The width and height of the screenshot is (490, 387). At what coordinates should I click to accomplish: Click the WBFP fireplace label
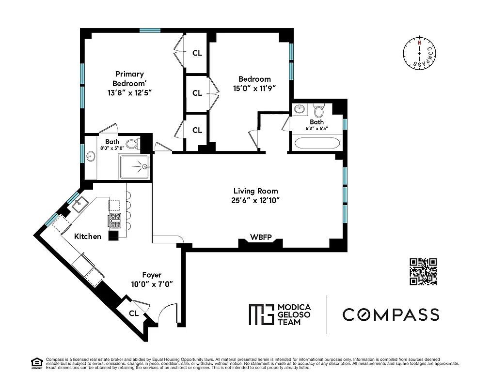[x=260, y=237]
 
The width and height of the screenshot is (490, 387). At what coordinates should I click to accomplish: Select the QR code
[x=423, y=271]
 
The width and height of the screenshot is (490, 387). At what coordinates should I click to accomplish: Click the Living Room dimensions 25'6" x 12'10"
[x=256, y=200]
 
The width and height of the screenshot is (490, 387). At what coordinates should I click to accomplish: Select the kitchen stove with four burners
[x=114, y=221]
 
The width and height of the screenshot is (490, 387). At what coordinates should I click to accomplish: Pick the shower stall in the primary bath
[x=135, y=166]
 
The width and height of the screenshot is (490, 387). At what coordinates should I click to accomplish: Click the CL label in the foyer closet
[x=133, y=313]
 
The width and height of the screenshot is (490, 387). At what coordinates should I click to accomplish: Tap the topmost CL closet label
[x=197, y=53]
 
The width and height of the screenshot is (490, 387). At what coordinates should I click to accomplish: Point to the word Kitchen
[x=88, y=237]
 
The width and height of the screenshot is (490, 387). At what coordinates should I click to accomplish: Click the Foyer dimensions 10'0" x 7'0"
[x=152, y=284]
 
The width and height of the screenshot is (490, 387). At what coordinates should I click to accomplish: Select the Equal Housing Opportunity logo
[x=36, y=363]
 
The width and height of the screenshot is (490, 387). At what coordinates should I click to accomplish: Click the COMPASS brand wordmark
[x=391, y=314]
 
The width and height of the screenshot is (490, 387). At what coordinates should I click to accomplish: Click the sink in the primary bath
[x=91, y=157]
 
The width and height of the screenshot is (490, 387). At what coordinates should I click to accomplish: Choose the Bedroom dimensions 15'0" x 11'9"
[x=254, y=89]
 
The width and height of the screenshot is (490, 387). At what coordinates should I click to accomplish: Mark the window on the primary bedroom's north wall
[x=150, y=30]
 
